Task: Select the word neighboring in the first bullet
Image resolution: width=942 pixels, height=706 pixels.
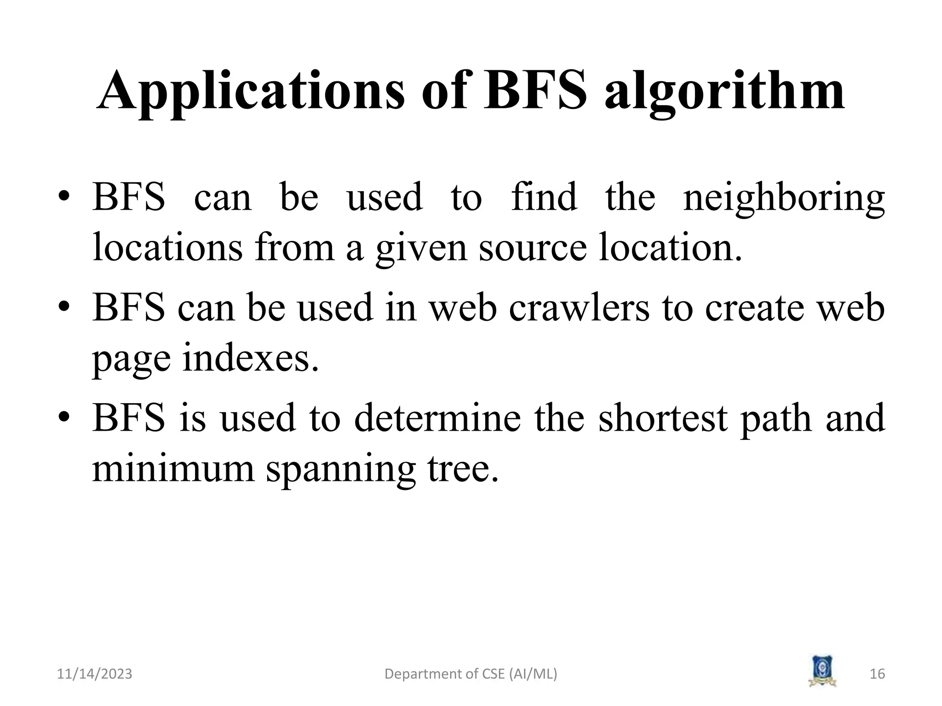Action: pos(784,198)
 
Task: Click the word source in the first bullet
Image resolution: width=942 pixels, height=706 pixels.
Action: pos(533,248)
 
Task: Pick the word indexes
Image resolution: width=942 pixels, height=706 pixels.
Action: pos(251,359)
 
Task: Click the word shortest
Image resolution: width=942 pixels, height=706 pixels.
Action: pos(663,418)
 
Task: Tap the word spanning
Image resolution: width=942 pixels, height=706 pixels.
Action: pos(341,469)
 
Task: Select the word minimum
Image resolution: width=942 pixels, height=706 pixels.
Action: pos(173,468)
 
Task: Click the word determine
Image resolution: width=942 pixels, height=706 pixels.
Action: pos(437,418)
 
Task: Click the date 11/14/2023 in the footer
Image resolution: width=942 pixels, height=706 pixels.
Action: pos(94,674)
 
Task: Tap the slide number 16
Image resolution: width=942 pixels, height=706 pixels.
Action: pos(877,674)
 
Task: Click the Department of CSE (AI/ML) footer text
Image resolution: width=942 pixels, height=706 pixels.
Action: pos(471,674)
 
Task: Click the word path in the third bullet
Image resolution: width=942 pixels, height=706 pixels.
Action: pos(776,419)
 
